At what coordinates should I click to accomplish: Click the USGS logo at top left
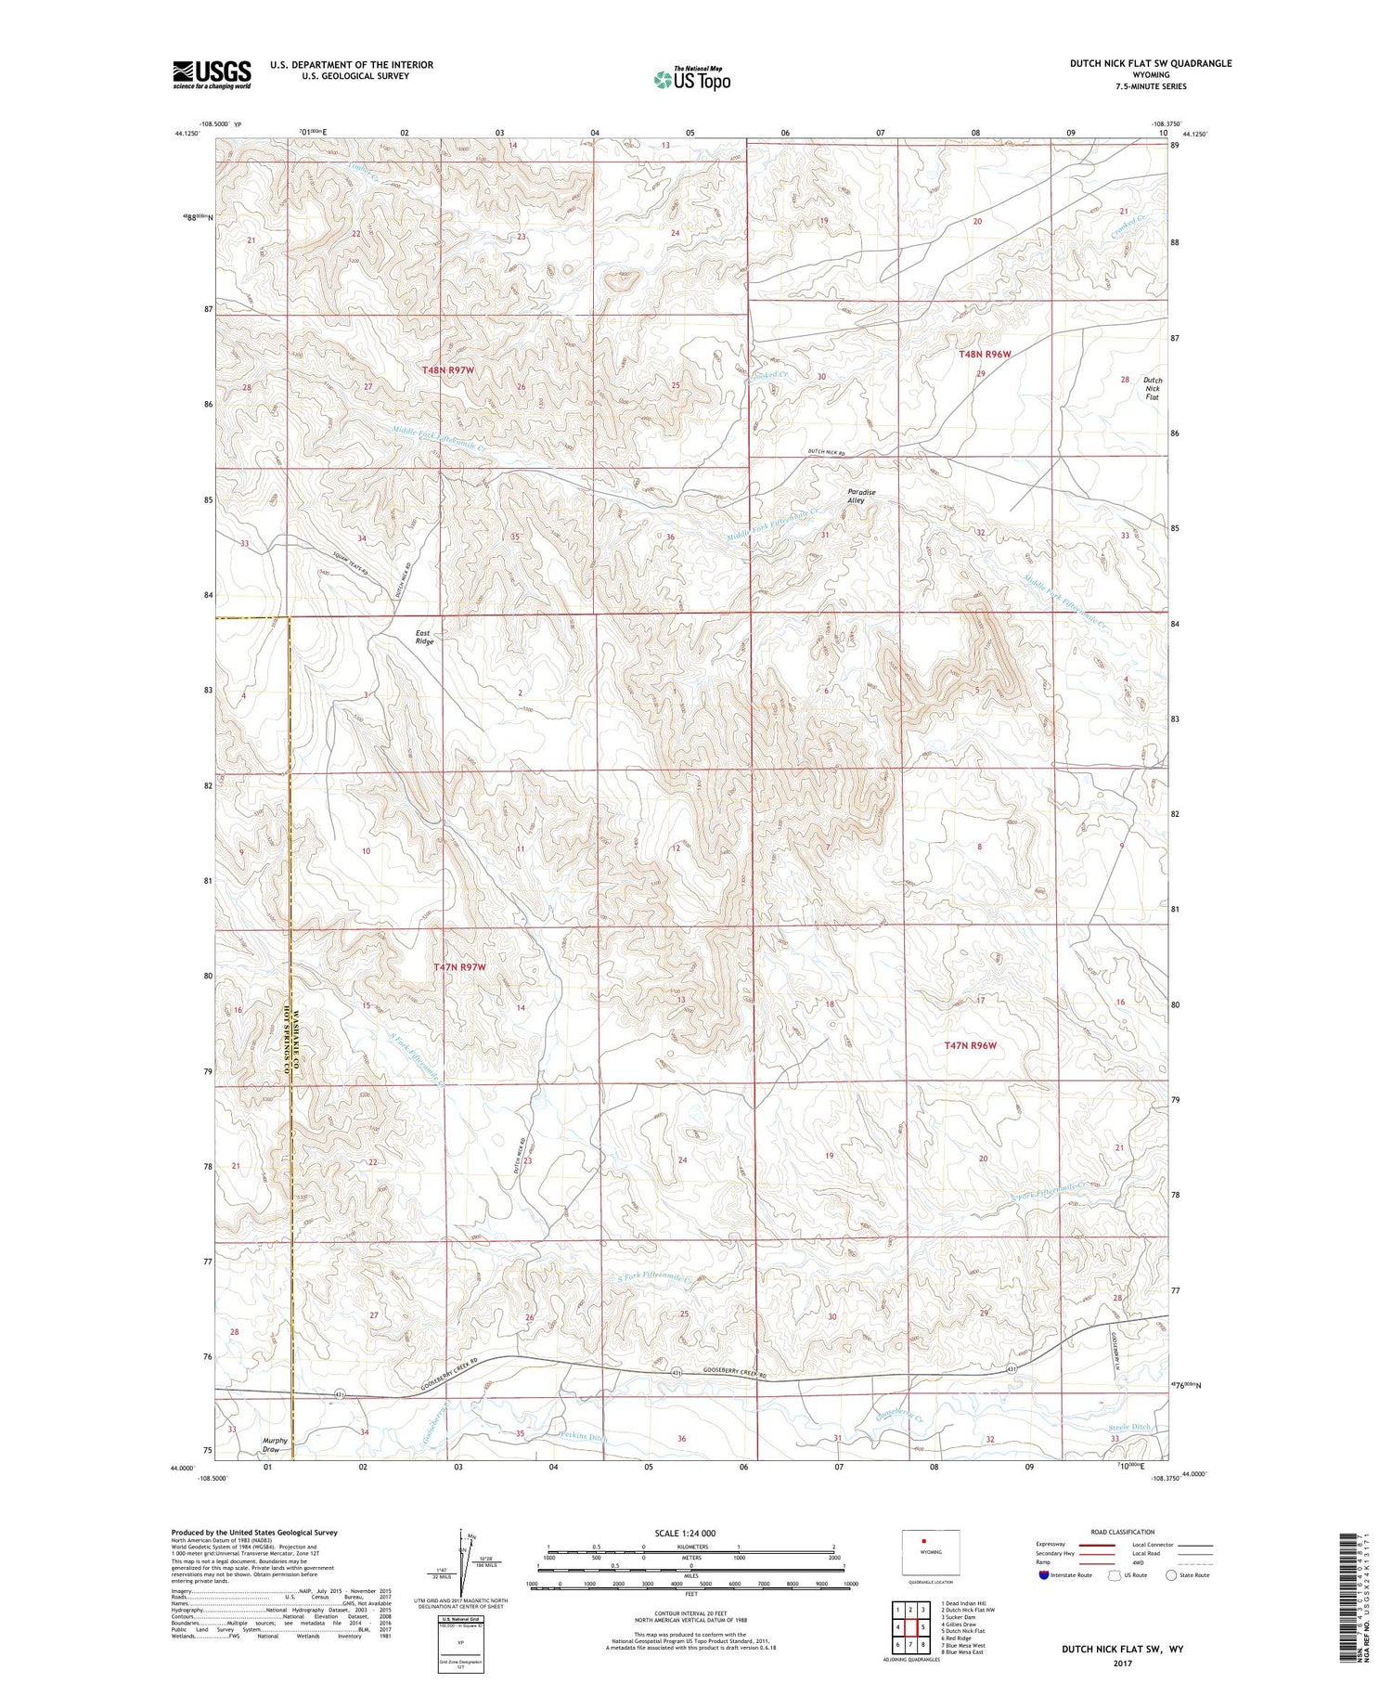[212, 74]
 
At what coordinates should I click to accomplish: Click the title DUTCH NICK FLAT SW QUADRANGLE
[1151, 63]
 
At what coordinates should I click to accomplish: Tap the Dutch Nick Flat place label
[1152, 388]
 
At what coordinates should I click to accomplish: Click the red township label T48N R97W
[448, 369]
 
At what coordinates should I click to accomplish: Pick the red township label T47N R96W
[970, 1045]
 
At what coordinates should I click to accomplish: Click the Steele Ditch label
[1129, 1427]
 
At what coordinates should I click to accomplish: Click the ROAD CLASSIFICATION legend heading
[1123, 1532]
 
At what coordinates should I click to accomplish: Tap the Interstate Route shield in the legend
[1043, 1574]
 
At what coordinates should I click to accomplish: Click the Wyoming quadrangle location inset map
[930, 1553]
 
